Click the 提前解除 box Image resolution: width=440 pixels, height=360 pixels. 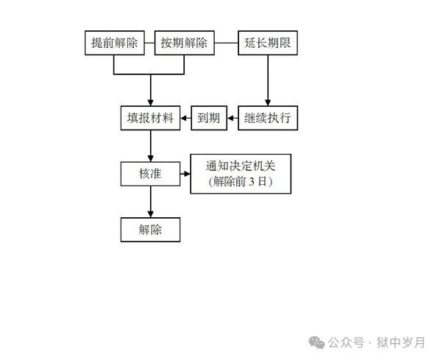click(x=115, y=43)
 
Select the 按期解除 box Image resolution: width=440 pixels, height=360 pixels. click(x=185, y=43)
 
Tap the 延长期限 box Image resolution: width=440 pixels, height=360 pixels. click(x=268, y=43)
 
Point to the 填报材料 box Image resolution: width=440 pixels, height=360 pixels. click(x=150, y=118)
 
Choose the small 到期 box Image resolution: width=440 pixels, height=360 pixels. click(x=209, y=118)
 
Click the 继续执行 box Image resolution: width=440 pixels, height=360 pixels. click(x=268, y=118)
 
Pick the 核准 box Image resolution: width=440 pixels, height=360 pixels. click(x=150, y=174)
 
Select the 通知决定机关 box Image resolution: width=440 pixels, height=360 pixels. click(x=241, y=174)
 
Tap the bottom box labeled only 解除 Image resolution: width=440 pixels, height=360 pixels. click(x=150, y=230)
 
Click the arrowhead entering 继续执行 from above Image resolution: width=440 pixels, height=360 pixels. click(x=268, y=103)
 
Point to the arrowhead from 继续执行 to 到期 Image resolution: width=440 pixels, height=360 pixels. click(x=230, y=119)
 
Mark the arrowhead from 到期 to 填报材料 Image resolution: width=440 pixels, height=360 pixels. click(x=184, y=119)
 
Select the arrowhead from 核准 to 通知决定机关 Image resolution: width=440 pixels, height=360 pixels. click(x=187, y=174)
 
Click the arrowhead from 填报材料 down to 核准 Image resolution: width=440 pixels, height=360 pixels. click(x=151, y=159)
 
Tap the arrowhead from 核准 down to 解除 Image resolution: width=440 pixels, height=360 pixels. click(x=151, y=214)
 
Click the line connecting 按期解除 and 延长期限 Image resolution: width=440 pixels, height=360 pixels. click(x=226, y=43)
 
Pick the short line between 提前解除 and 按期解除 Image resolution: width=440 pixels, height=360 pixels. click(x=149, y=43)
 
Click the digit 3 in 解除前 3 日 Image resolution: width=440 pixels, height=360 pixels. click(x=252, y=182)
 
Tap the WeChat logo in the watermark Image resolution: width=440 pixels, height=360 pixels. click(x=316, y=342)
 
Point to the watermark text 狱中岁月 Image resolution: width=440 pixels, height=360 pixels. click(x=400, y=342)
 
